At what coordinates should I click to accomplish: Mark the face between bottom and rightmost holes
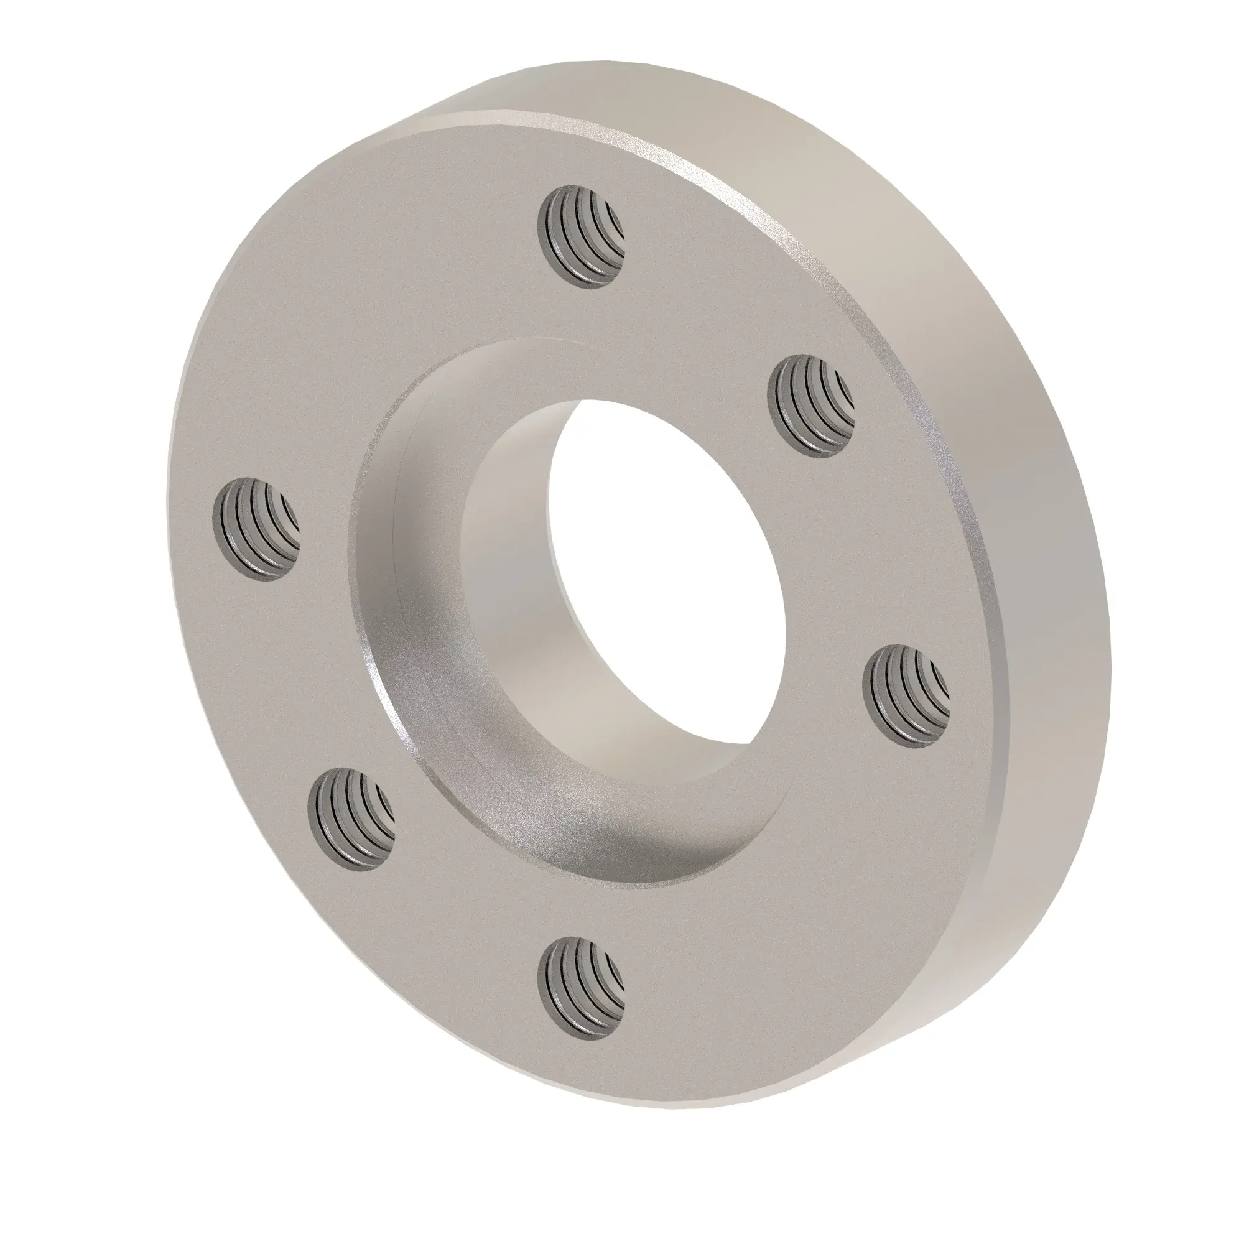tap(773, 889)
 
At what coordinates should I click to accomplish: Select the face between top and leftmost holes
tap(386, 335)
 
